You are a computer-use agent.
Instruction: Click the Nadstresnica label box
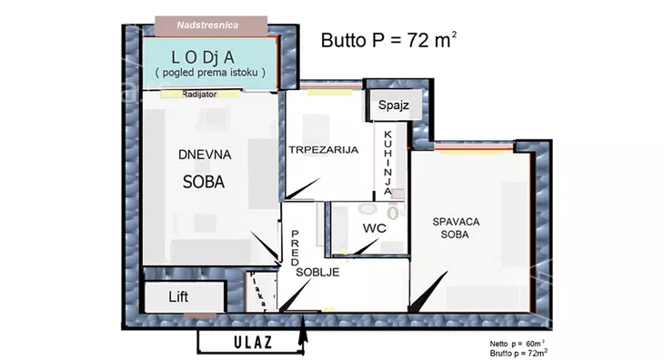pos(211,25)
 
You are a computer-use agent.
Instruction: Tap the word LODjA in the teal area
pos(203,57)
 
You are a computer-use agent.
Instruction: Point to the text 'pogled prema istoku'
pos(210,73)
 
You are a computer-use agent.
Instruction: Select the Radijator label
pos(199,95)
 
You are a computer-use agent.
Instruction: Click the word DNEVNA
pos(205,155)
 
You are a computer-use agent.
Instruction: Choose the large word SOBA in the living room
pos(204,182)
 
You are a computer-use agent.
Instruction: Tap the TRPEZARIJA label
pos(324,150)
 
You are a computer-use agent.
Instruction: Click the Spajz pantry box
pos(394,105)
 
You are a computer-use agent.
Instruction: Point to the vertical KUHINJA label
pos(387,163)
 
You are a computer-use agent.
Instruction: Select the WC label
pos(375,228)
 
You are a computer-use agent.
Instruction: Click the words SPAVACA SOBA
pos(456,228)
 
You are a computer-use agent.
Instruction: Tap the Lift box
pos(185,297)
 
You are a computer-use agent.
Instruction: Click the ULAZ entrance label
pos(253,342)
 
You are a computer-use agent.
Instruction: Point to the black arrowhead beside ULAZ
pos(302,331)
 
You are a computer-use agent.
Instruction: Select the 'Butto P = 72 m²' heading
pos(388,40)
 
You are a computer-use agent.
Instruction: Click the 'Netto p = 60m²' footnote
pos(517,344)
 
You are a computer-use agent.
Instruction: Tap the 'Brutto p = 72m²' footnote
pos(518,353)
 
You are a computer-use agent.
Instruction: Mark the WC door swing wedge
pos(365,247)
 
